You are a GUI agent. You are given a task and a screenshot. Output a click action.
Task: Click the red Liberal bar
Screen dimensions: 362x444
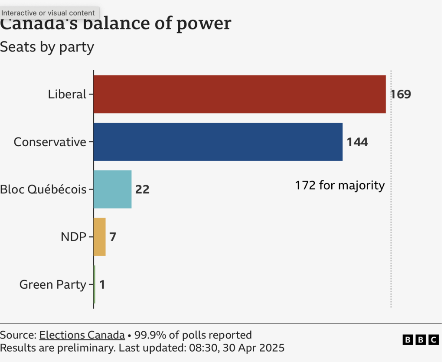239,94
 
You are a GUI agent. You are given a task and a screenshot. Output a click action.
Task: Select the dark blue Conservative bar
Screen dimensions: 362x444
218,142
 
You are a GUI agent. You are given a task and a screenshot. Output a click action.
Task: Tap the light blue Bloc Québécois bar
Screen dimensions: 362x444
112,189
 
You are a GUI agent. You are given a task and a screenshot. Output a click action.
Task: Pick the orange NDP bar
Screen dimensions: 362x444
99,237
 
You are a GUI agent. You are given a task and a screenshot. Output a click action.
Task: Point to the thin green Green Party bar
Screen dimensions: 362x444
94,284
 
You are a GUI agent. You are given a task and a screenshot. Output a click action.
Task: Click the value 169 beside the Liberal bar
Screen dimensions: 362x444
400,94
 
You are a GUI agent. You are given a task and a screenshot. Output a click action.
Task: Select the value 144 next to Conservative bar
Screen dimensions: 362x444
357,142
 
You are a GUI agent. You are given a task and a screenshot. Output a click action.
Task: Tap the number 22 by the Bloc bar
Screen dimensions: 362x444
142,189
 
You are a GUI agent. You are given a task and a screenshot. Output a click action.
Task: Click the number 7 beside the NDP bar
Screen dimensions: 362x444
113,237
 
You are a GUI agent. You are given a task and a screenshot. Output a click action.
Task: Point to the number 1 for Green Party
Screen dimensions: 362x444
102,284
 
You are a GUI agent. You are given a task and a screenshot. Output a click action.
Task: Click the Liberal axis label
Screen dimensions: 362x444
67,94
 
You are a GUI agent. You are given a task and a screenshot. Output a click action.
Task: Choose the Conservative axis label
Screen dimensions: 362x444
50,142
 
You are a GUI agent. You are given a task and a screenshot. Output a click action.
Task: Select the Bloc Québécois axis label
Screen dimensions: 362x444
43,189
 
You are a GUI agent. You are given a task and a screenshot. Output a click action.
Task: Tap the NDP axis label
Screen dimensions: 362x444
73,237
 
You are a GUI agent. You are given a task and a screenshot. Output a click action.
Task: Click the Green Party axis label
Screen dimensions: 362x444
52,284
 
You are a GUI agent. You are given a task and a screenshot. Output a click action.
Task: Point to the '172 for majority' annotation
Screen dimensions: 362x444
340,186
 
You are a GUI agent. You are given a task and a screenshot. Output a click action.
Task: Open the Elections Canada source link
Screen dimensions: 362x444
82,335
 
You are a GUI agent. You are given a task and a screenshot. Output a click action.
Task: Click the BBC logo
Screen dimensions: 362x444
420,340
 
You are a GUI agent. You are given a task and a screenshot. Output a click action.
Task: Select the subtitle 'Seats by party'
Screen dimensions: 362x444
47,47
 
